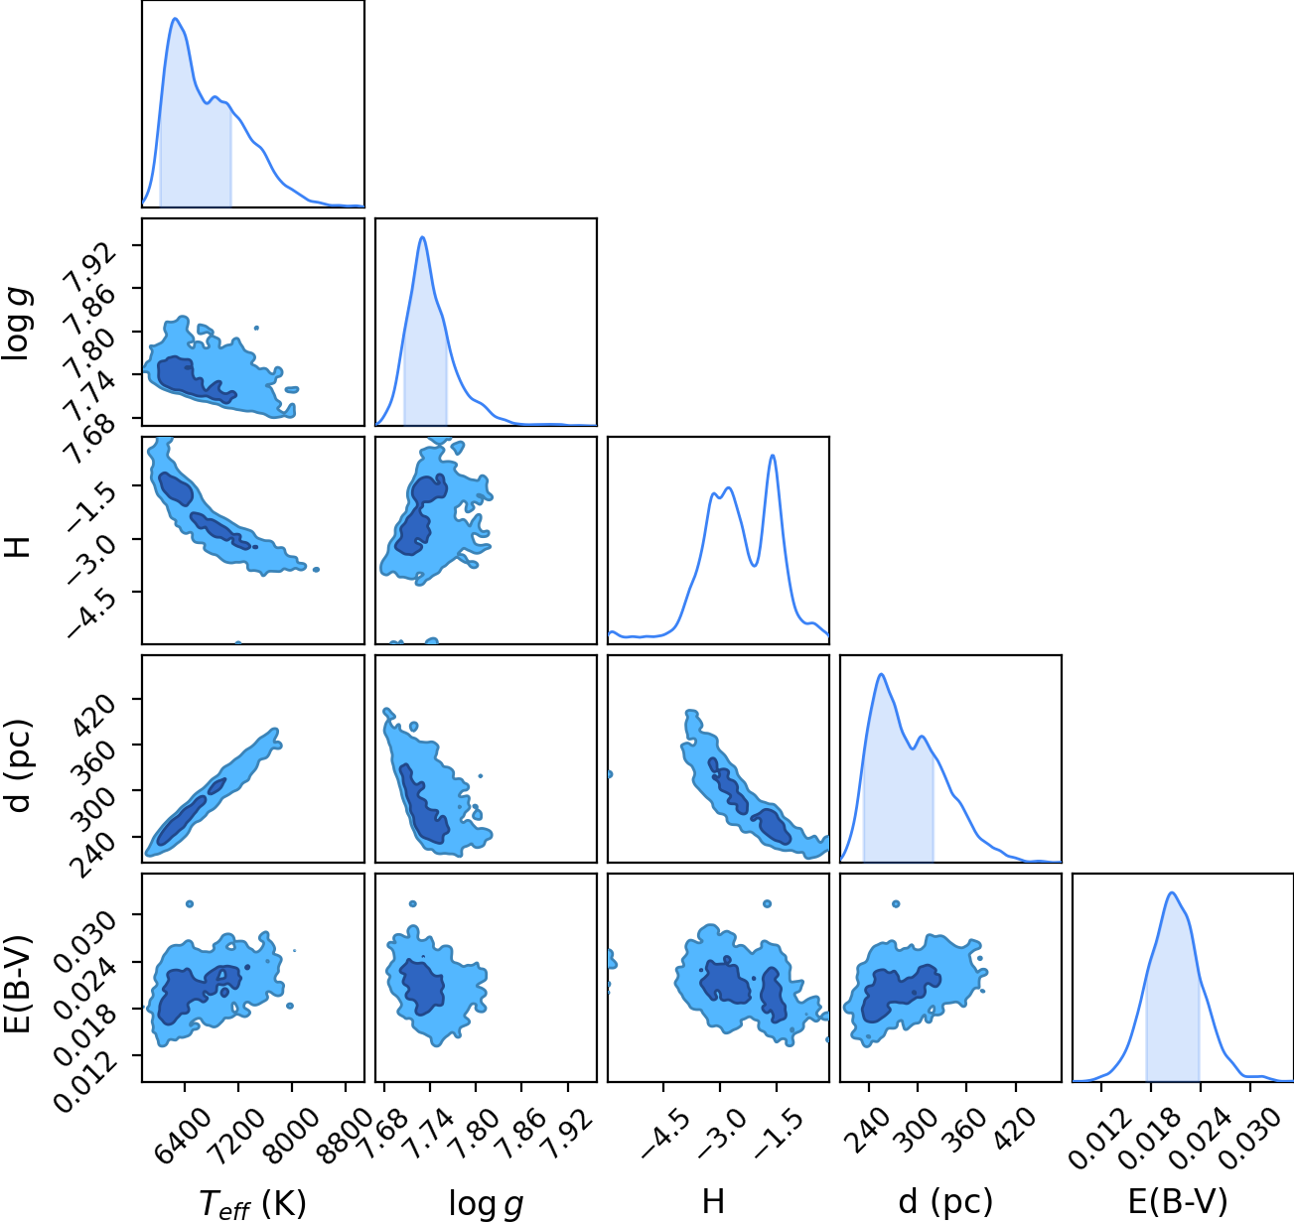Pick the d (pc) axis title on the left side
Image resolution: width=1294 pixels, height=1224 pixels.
(19, 766)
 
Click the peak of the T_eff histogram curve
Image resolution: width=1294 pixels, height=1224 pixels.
(175, 19)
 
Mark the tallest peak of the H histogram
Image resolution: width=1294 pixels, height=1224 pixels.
(773, 456)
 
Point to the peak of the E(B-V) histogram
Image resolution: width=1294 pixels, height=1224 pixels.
(1172, 893)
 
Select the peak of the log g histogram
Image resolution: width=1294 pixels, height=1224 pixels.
(422, 237)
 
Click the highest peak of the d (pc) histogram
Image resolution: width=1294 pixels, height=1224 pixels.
(881, 674)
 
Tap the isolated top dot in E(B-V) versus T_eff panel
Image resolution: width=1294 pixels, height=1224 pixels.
(190, 904)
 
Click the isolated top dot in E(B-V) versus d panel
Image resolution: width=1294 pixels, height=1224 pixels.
(895, 904)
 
